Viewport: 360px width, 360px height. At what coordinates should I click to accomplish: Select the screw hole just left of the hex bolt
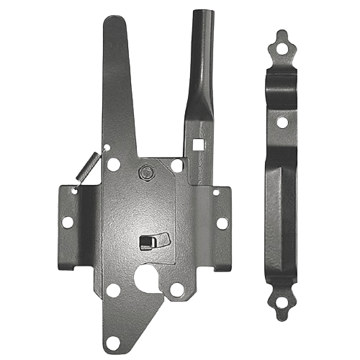point(113,165)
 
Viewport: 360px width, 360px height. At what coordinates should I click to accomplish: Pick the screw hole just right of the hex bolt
point(177,166)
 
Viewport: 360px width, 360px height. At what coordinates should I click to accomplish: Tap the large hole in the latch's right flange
point(222,223)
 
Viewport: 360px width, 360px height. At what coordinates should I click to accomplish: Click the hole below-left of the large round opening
point(112,290)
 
